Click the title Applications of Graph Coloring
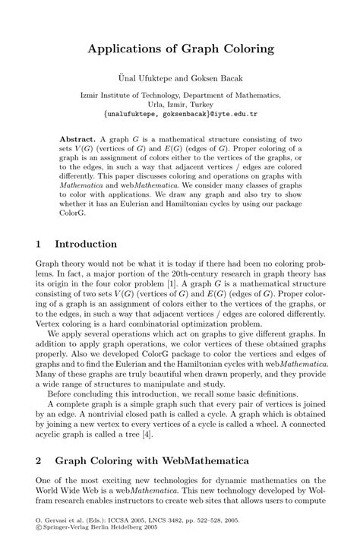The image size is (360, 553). tap(180, 49)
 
